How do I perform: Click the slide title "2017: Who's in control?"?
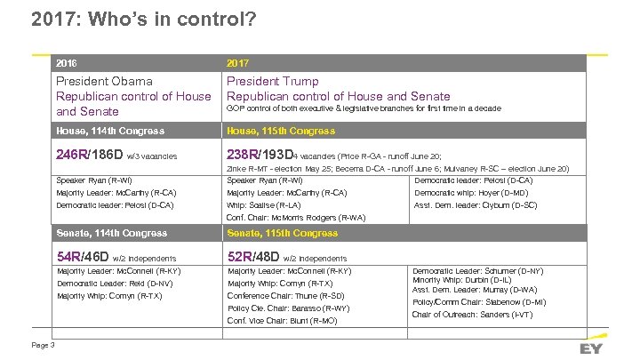pos(143,18)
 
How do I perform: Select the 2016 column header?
pos(67,63)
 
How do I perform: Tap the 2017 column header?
pos(237,63)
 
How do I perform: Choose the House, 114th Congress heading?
pos(110,131)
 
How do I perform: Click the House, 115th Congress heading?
pos(281,131)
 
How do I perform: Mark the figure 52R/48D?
pos(253,256)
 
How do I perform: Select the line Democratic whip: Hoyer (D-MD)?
pos(471,193)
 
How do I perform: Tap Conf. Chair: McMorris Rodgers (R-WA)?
pos(296,218)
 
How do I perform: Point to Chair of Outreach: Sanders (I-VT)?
pos(472,315)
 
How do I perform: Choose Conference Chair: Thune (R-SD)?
pos(285,295)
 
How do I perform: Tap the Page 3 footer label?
pos(43,345)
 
